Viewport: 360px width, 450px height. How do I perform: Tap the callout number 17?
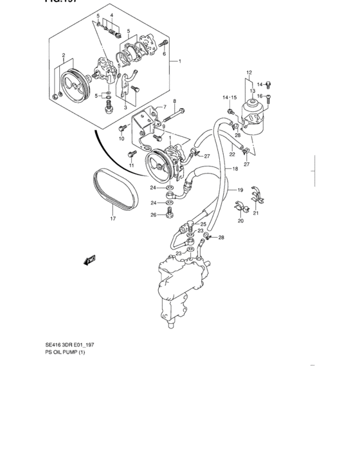pyautogui.click(x=113, y=219)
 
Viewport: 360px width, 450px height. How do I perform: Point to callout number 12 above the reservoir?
pyautogui.click(x=249, y=72)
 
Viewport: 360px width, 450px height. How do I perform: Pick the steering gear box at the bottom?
pyautogui.click(x=179, y=286)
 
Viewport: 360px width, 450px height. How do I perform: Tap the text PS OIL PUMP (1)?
pyautogui.click(x=64, y=352)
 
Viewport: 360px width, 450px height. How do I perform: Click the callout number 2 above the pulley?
pyautogui.click(x=63, y=56)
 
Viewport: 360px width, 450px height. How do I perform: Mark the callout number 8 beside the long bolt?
pyautogui.click(x=174, y=101)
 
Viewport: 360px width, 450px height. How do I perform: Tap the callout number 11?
pyautogui.click(x=131, y=166)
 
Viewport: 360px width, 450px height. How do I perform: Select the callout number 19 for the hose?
pyautogui.click(x=240, y=190)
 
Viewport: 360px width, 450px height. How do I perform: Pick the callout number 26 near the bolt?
pyautogui.click(x=153, y=215)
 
